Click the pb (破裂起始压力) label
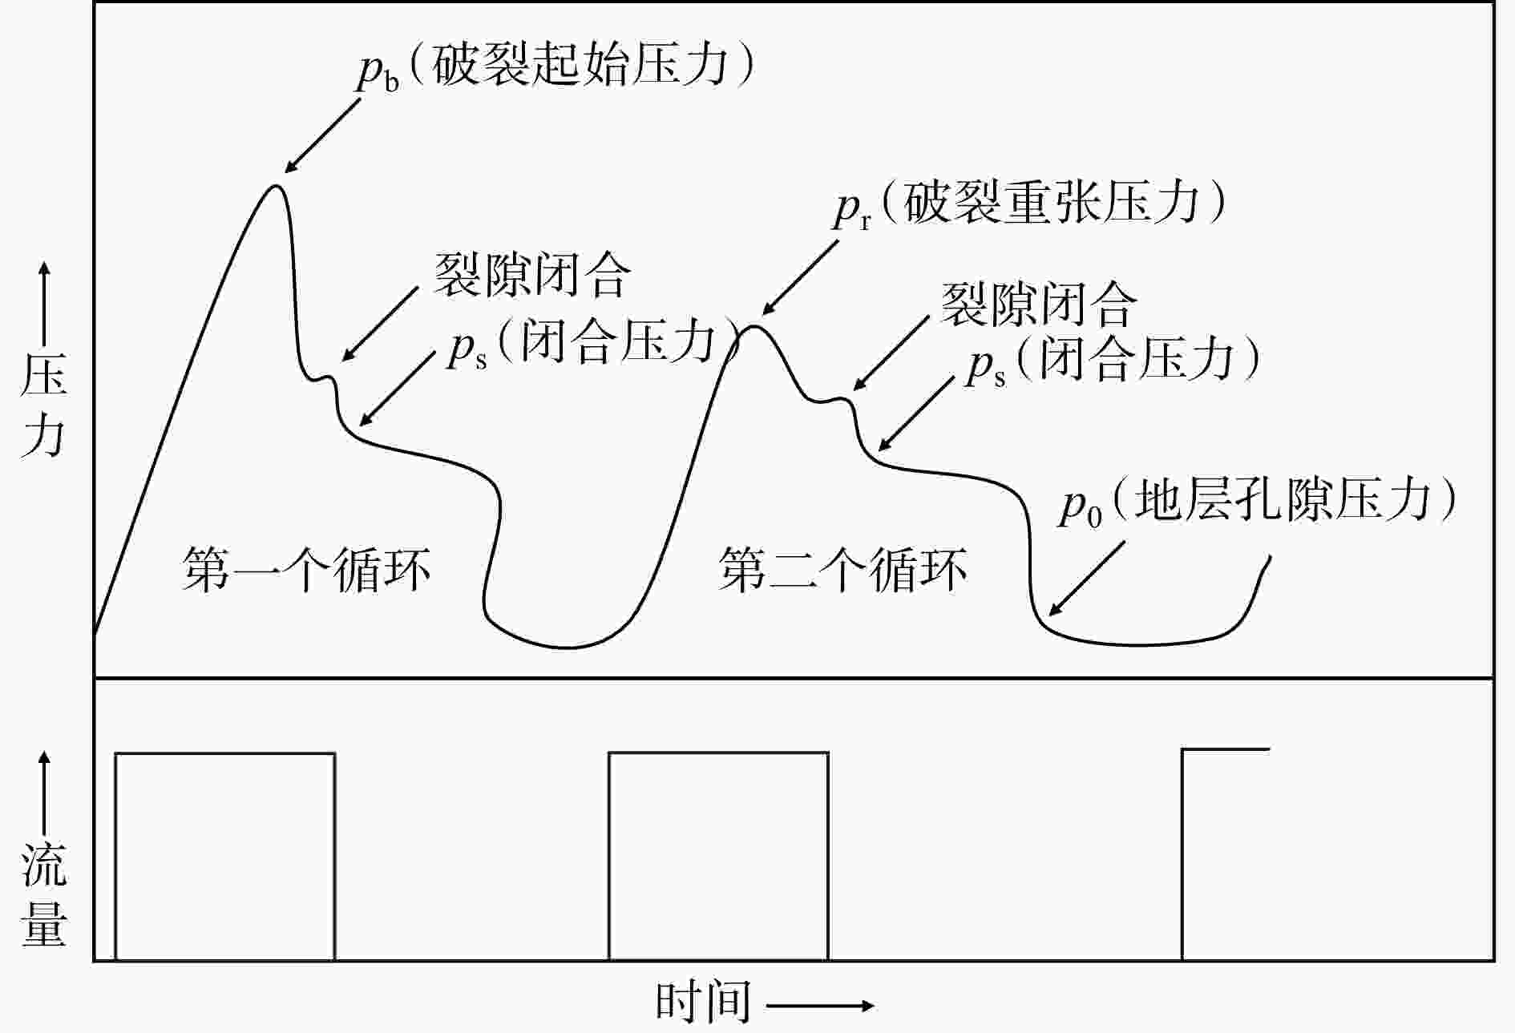[x=555, y=66]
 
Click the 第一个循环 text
[x=306, y=570]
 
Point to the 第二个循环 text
[x=842, y=570]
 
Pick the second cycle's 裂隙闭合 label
[x=1039, y=305]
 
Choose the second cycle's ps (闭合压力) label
[x=1113, y=359]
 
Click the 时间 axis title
[x=703, y=1002]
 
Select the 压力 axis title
[x=43, y=405]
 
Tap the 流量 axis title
[x=43, y=894]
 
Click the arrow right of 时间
[x=819, y=1005]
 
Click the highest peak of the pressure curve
[x=276, y=187]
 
